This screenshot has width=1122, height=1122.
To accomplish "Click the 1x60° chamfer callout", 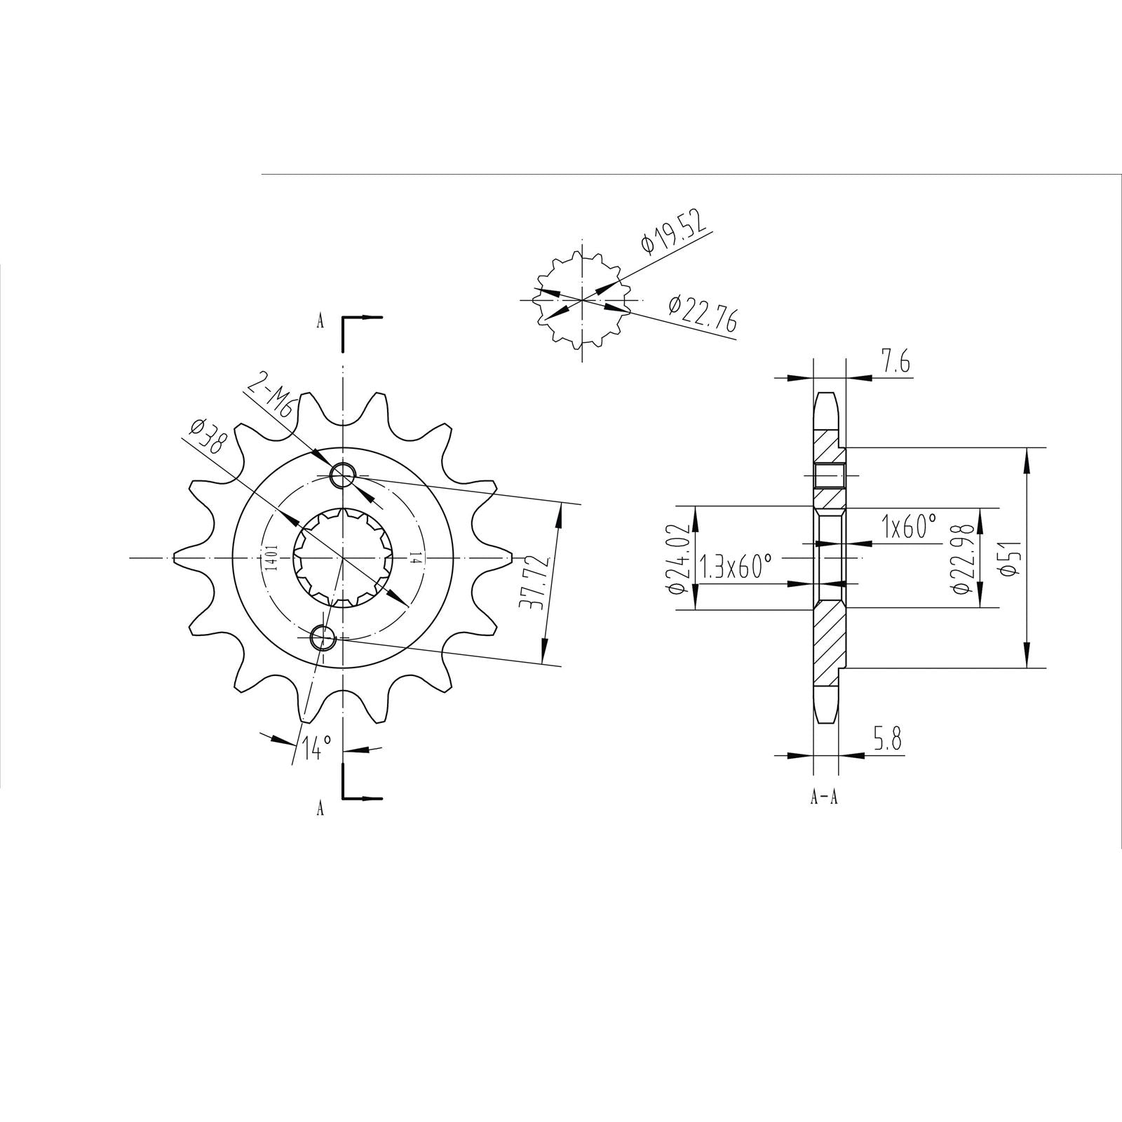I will [x=910, y=526].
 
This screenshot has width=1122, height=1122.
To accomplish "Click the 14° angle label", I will [x=316, y=748].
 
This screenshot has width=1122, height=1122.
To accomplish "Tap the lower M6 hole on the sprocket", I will [x=323, y=637].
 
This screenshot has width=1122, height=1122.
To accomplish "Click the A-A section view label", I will [x=824, y=797].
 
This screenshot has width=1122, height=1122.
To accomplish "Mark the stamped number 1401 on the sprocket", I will [x=271, y=558].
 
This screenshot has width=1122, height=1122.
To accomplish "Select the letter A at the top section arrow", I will [x=320, y=322].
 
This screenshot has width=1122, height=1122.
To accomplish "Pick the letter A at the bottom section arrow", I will [x=320, y=809].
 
